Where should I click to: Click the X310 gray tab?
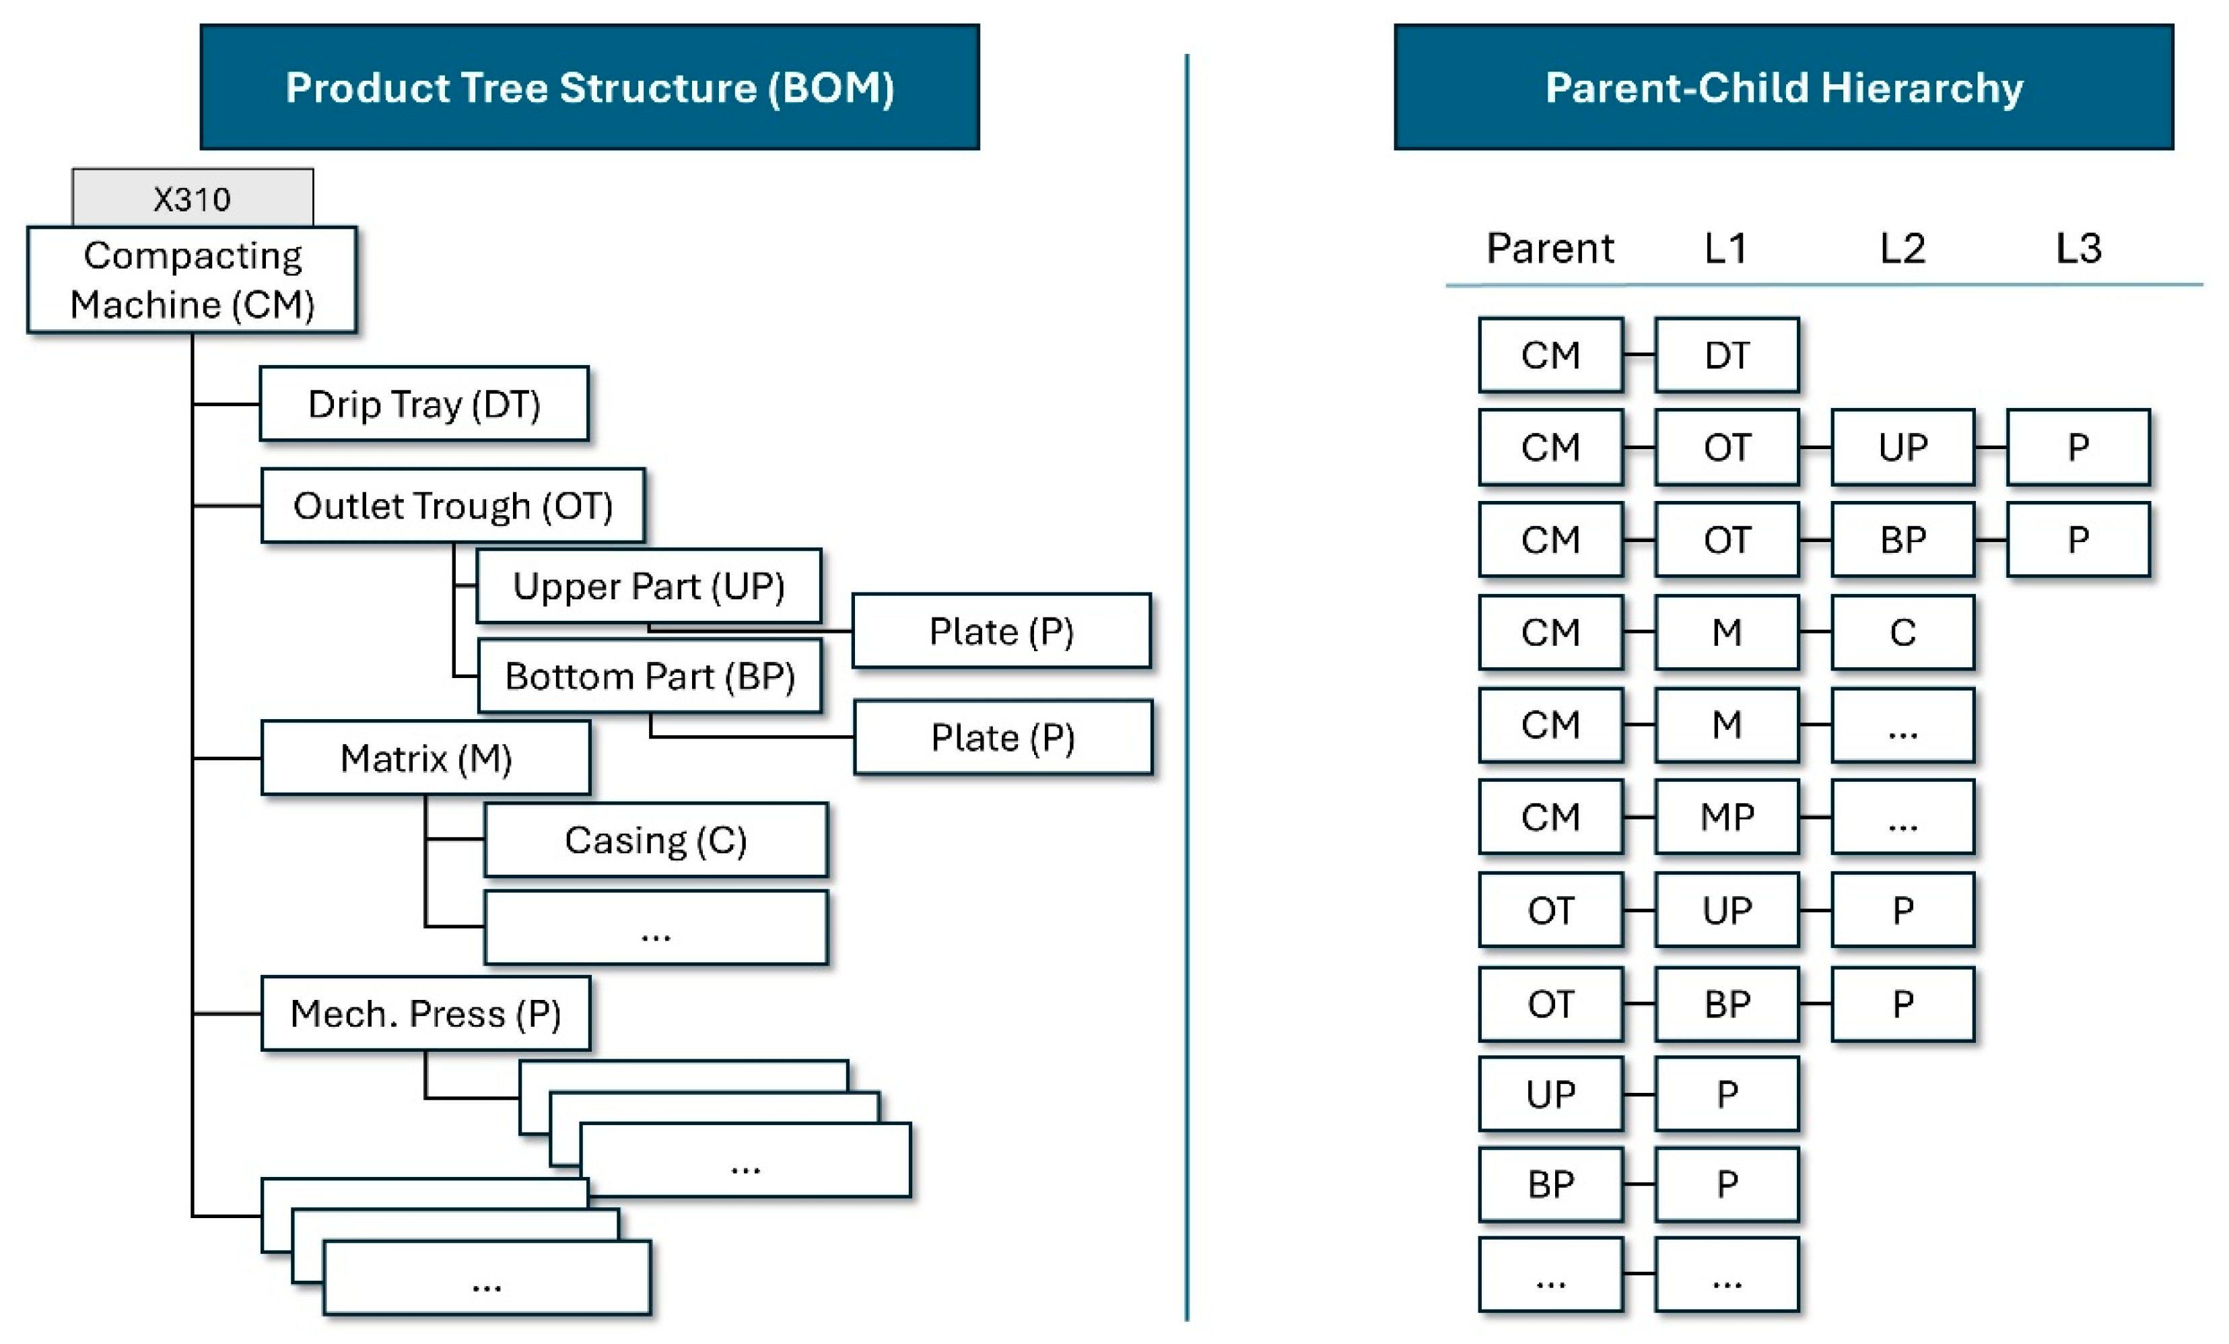pyautogui.click(x=193, y=197)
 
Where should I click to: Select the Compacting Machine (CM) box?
pyautogui.click(x=192, y=279)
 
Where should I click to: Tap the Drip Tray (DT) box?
pyautogui.click(x=424, y=403)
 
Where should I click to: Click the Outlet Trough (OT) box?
pyautogui.click(x=453, y=505)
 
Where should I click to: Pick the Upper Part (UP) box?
pyautogui.click(x=648, y=586)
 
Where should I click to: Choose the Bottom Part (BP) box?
pyautogui.click(x=650, y=676)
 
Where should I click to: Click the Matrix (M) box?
pyautogui.click(x=426, y=758)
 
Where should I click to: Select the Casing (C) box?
pyautogui.click(x=656, y=840)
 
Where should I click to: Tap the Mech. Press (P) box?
pyautogui.click(x=426, y=1013)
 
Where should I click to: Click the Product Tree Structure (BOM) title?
pyautogui.click(x=590, y=87)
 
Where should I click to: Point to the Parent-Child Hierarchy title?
pyautogui.click(x=1784, y=87)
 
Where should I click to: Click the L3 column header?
pyautogui.click(x=2079, y=248)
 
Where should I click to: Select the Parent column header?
pyautogui.click(x=1550, y=248)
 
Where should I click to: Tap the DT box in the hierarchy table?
pyautogui.click(x=1727, y=355)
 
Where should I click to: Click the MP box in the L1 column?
pyautogui.click(x=1727, y=816)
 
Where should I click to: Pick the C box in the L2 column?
pyautogui.click(x=1902, y=632)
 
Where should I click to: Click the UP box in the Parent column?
pyautogui.click(x=1550, y=1094)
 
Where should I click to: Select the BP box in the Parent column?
pyautogui.click(x=1550, y=1184)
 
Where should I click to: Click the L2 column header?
pyautogui.click(x=1902, y=248)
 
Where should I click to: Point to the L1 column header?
pyautogui.click(x=1726, y=248)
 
